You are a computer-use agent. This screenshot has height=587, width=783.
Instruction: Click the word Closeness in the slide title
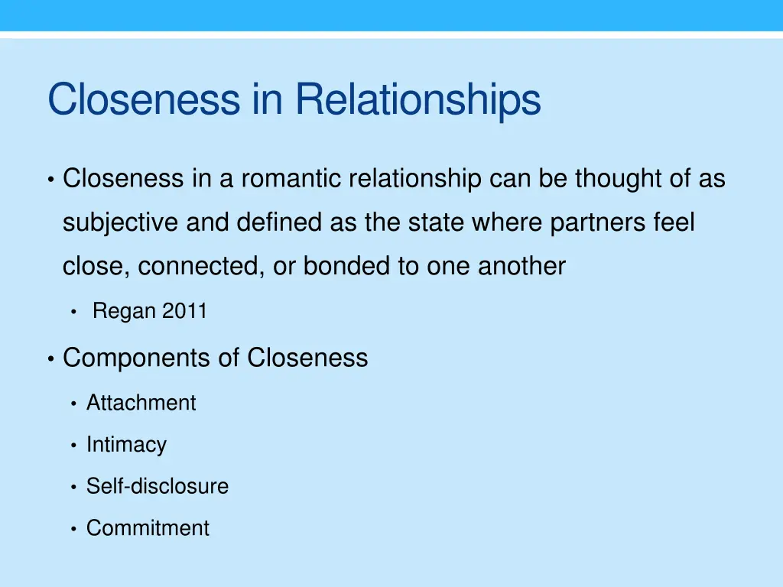click(x=143, y=100)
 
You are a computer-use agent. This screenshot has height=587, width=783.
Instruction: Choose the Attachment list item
click(x=141, y=403)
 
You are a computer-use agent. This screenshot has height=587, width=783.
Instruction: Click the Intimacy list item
click(x=126, y=445)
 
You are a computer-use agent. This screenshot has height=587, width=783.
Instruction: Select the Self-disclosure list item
click(x=157, y=486)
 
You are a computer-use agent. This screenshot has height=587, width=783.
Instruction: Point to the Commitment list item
click(x=148, y=528)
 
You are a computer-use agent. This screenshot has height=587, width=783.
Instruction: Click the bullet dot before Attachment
click(x=73, y=404)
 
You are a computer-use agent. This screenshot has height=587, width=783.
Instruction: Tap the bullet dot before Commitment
click(x=73, y=529)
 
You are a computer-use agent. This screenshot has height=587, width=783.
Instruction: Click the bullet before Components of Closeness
click(x=50, y=358)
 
